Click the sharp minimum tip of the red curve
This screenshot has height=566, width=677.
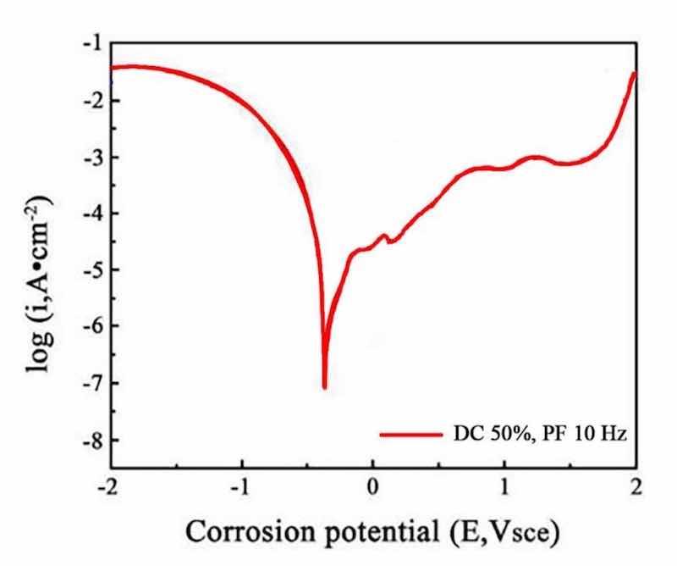[x=324, y=388]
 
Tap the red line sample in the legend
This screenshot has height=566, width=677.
[x=407, y=434]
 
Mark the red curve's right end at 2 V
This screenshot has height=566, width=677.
[x=634, y=74]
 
